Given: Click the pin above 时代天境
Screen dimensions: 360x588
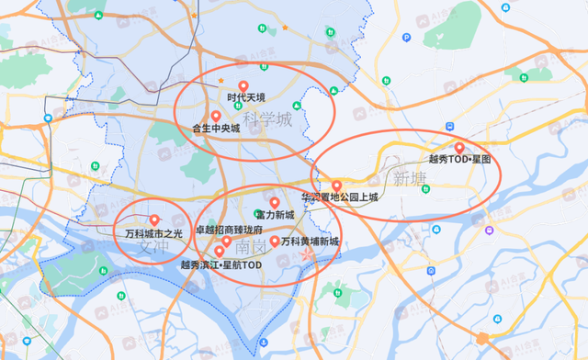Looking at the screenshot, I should (x=243, y=85).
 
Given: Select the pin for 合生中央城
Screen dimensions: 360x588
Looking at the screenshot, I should (x=215, y=116).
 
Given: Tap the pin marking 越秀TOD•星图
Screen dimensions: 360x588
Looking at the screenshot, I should (x=459, y=147).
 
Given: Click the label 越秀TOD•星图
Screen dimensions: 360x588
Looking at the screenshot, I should (x=460, y=159).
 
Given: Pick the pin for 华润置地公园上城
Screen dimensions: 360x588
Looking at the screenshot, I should (x=336, y=186).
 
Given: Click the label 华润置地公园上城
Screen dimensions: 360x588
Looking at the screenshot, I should (x=339, y=197).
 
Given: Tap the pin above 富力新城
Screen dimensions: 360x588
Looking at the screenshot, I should (x=274, y=202).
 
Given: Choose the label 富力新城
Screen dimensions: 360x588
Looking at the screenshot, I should (x=275, y=215).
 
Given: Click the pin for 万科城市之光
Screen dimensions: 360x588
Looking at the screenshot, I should (x=154, y=220).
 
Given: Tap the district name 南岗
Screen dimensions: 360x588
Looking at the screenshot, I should (x=250, y=248).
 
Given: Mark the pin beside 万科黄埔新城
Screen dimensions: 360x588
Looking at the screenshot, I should (x=274, y=241).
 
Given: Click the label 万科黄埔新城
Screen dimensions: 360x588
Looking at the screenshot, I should (x=311, y=242).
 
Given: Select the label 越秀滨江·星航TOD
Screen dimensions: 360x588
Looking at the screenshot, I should (x=221, y=264).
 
